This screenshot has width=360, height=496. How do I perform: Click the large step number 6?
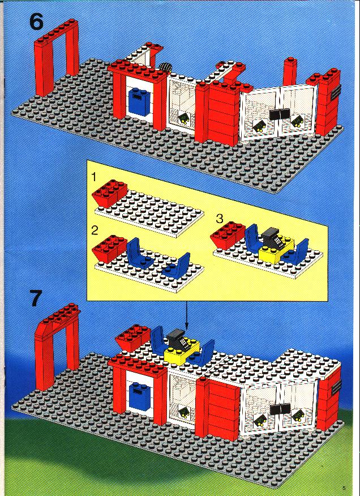(x=36, y=23)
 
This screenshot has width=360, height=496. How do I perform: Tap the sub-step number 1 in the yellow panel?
(x=93, y=177)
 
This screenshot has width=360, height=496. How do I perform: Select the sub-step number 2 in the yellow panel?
(x=95, y=230)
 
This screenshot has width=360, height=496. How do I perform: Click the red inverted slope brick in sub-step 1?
(x=109, y=194)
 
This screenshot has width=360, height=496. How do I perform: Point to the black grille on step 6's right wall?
(x=336, y=92)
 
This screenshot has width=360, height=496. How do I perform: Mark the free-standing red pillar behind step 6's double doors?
(x=289, y=71)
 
